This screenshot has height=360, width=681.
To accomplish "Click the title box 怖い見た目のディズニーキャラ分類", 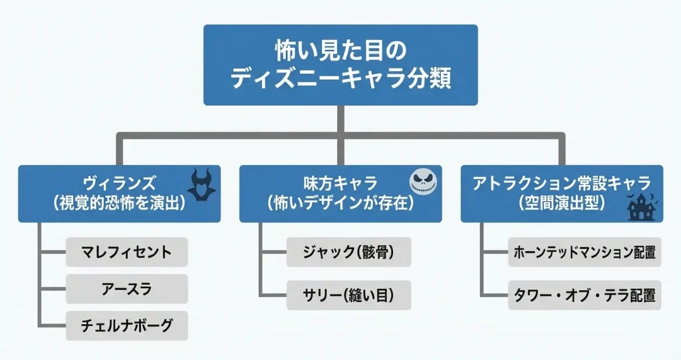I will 340,65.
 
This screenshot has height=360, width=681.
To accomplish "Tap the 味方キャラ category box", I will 340,193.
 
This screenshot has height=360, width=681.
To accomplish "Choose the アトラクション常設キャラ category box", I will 561,193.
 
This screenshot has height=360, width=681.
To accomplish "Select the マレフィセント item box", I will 126,252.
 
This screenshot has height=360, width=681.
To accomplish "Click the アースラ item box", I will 126,289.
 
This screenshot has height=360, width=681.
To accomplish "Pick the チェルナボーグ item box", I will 126,325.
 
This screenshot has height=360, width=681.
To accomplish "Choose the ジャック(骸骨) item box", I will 348,252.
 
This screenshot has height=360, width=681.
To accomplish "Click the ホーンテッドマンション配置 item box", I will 585,252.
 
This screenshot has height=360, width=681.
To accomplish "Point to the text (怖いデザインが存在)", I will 340,203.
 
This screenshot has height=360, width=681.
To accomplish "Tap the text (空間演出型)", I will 561,203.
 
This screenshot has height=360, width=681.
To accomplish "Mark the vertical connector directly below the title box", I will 340,120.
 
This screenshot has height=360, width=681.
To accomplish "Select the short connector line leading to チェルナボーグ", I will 53,325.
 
